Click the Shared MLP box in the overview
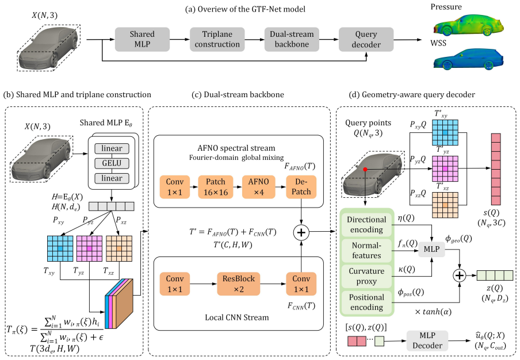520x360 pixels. click(142, 40)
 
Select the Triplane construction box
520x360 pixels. click(217, 40)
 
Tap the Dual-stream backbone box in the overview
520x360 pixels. click(292, 40)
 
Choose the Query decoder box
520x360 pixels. click(366, 40)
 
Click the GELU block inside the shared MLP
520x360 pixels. click(112, 163)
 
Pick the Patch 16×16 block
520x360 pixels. click(216, 187)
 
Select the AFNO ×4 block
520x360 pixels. click(259, 187)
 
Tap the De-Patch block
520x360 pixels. click(301, 187)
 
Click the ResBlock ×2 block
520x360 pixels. click(239, 284)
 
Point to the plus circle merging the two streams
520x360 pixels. click(301, 232)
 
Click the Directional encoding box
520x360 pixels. click(366, 224)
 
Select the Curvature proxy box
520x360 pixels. click(366, 276)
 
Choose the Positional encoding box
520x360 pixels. click(366, 302)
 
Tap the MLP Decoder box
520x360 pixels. click(427, 340)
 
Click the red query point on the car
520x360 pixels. click(365, 170)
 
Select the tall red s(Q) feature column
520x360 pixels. click(496, 170)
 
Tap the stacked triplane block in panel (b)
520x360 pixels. click(118, 303)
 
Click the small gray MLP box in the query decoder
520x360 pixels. click(431, 249)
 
